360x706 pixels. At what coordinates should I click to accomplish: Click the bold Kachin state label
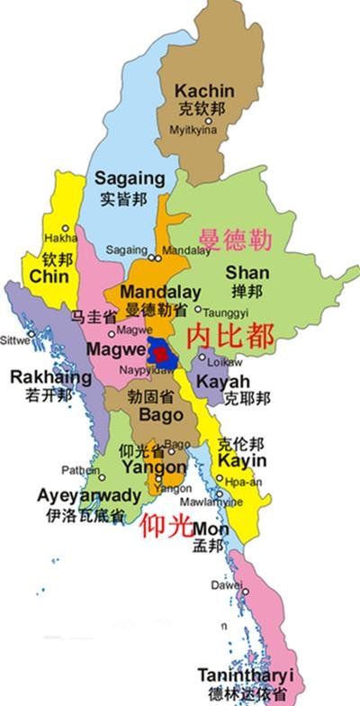tap(205, 91)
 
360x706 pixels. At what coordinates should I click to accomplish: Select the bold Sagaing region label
tap(130, 178)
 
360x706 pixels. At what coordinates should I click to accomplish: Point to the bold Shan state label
tap(247, 272)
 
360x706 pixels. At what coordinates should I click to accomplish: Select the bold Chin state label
tap(49, 277)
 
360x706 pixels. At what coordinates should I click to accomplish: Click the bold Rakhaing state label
tap(50, 377)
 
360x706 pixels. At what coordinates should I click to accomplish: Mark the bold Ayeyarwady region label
tap(89, 496)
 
